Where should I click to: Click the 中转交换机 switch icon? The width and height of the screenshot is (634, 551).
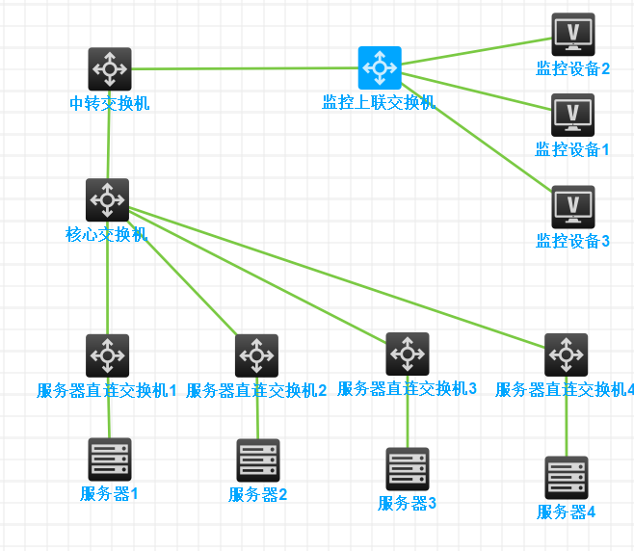pos(110,69)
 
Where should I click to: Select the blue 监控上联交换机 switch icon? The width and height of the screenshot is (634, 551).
pos(380,67)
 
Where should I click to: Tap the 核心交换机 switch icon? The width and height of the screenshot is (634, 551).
pos(107,200)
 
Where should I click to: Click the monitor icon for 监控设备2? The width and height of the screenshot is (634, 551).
pos(572,35)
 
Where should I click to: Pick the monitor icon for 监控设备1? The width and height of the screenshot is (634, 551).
pos(572,116)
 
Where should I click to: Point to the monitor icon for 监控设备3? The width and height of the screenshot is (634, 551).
pos(572,207)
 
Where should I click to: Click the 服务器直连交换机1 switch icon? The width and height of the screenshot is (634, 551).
pos(107,355)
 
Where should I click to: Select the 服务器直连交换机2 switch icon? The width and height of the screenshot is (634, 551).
pos(256,355)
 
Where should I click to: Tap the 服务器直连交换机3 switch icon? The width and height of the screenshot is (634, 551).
pos(408,354)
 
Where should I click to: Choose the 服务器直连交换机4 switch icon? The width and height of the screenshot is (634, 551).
pos(566,354)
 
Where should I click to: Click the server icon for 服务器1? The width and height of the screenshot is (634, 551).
pos(109,459)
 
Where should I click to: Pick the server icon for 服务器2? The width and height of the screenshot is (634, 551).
pos(258,460)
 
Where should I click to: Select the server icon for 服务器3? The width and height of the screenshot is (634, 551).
pos(408,469)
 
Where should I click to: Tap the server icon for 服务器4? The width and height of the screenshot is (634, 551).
pos(566,478)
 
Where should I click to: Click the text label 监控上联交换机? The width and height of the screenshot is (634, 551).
pos(379,102)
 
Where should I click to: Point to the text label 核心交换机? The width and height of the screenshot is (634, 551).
pos(106,234)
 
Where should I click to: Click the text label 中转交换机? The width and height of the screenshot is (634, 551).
pos(110,103)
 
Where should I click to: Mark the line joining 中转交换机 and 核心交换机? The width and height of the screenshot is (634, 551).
pos(109,144)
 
